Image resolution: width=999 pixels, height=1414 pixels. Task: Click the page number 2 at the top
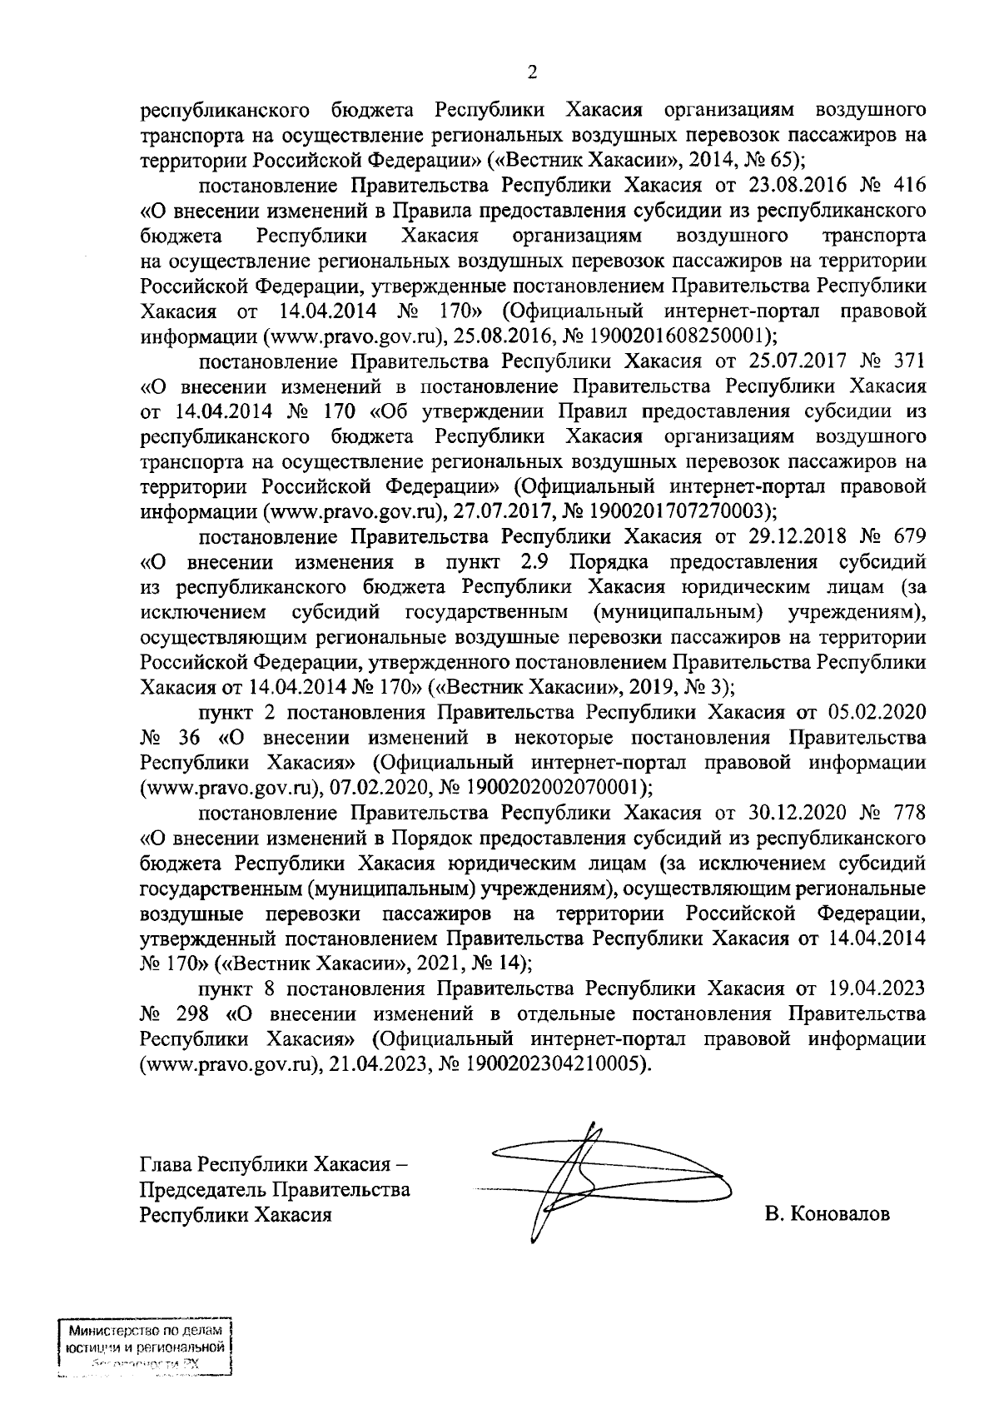pyautogui.click(x=532, y=72)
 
